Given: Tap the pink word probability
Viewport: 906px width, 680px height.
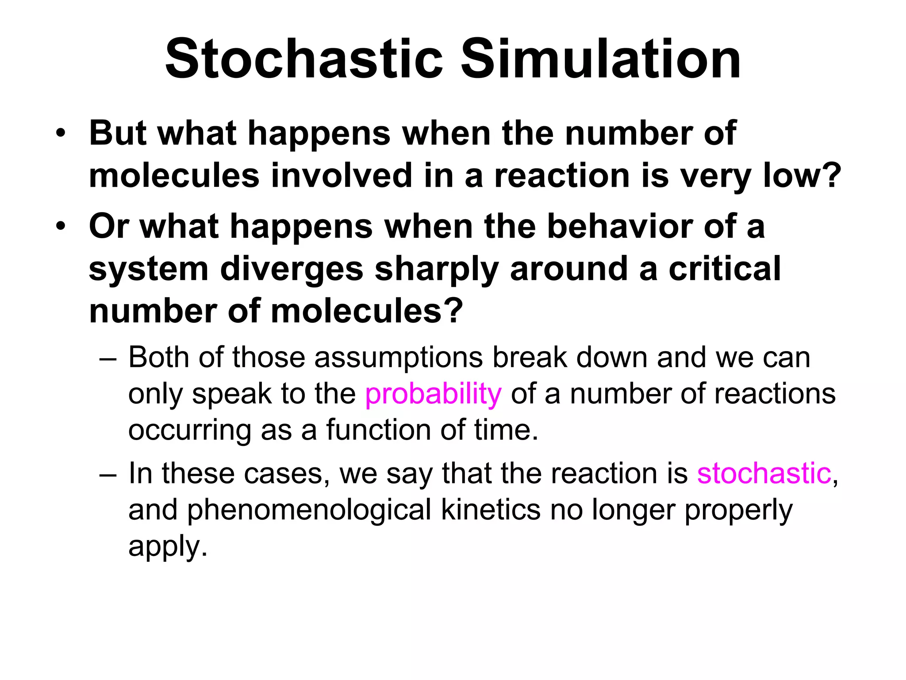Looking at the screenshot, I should pos(433,394).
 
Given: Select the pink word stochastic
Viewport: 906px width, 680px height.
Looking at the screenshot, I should pos(764,473).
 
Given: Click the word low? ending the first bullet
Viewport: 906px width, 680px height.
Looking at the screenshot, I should pos(802,175).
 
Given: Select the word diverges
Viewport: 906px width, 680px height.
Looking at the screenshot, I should pos(292,269).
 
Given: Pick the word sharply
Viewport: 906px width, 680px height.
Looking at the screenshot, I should pos(437,270).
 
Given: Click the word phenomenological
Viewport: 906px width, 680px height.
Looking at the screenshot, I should pos(309,510).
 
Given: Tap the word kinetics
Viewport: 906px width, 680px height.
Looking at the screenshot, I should pos(491,510).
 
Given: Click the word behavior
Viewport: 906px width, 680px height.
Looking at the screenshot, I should pos(620,226).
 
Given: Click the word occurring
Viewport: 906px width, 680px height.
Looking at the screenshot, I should pos(189,431).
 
